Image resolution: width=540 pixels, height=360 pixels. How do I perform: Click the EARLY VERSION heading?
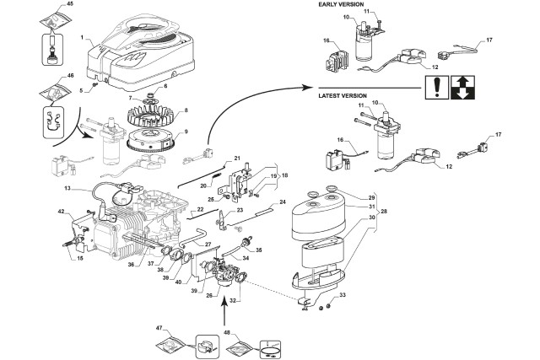pyautogui.click(x=343, y=4)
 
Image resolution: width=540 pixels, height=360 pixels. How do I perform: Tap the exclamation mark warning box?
pyautogui.click(x=435, y=85)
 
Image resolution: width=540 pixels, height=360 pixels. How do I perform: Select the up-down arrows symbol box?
pyautogui.click(x=462, y=85)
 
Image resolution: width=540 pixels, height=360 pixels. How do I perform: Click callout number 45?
pyautogui.click(x=46, y=4)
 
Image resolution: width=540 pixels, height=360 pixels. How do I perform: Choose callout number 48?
pyautogui.click(x=227, y=333)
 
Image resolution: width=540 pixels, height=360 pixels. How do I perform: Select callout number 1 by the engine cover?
pyautogui.click(x=81, y=38)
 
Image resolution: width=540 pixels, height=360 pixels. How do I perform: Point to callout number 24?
pyautogui.click(x=283, y=202)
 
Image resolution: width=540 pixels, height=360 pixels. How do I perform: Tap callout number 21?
pyautogui.click(x=237, y=159)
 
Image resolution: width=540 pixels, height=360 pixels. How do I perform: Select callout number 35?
pyautogui.click(x=258, y=250)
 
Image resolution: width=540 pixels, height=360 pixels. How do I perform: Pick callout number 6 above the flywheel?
pyautogui.click(x=165, y=86)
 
